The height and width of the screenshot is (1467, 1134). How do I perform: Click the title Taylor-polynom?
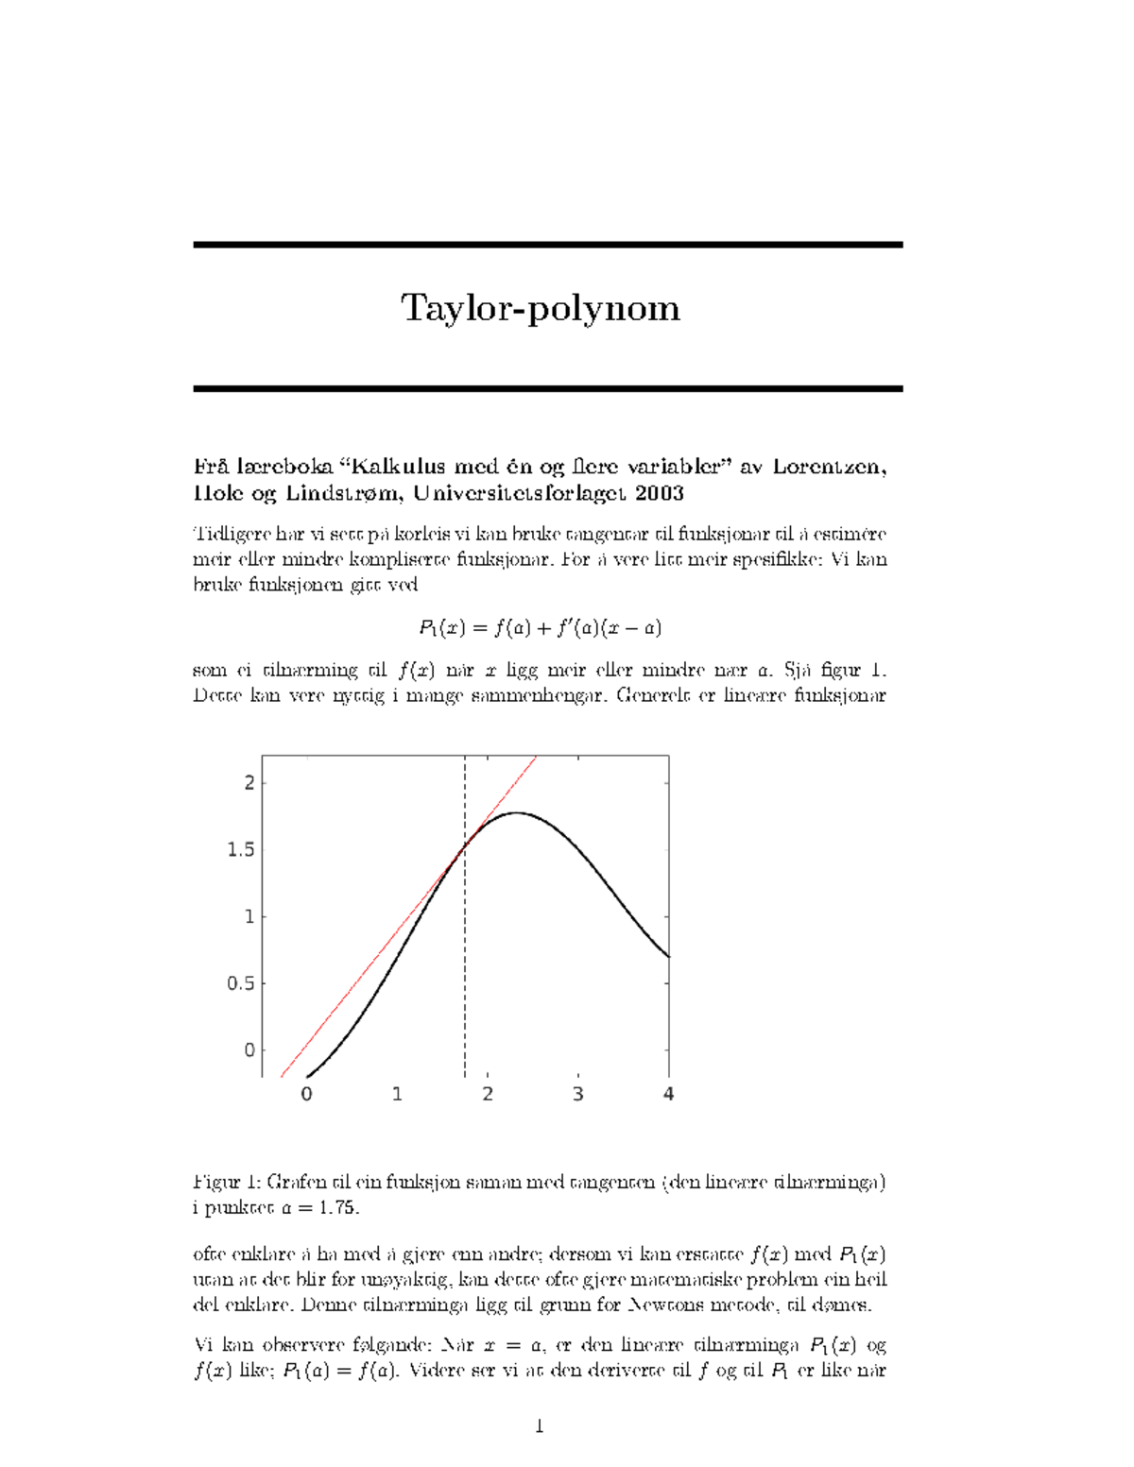(540, 309)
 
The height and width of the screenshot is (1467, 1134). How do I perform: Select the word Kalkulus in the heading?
(391, 467)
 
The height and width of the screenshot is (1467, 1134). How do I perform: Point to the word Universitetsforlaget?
(521, 493)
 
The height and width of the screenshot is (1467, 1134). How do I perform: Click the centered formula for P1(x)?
(540, 627)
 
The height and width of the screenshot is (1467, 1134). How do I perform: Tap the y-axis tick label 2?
(249, 783)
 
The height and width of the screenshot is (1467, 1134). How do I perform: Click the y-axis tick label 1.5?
(241, 850)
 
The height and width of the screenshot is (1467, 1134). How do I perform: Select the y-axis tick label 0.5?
(241, 984)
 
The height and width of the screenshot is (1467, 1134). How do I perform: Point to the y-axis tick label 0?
(249, 1050)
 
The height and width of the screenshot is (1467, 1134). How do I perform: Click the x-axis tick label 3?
(577, 1095)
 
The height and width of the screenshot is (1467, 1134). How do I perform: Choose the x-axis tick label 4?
(668, 1095)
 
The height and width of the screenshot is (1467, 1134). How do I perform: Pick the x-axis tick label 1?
(397, 1095)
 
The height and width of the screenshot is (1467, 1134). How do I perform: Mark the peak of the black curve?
(516, 812)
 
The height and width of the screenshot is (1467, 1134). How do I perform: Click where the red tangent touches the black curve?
(465, 845)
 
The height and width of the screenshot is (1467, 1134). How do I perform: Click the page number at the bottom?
(540, 1426)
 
